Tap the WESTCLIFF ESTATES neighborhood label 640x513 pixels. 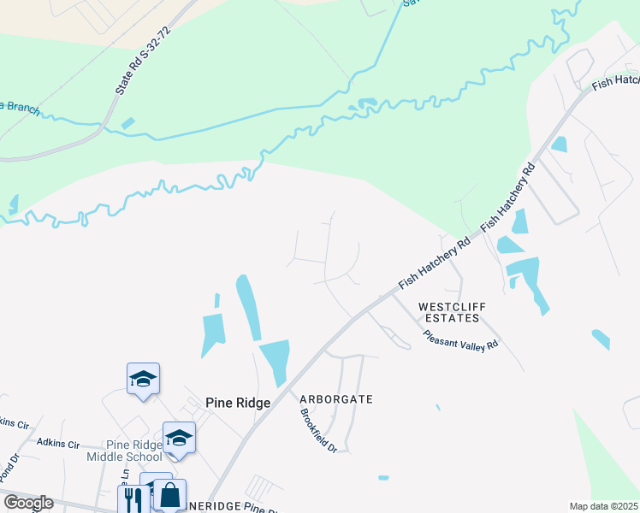[x=448, y=312]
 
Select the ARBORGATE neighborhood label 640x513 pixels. [x=336, y=399]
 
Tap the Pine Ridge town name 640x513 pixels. [x=238, y=403]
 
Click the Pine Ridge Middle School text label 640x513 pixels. [x=125, y=451]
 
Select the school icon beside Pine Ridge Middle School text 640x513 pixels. [x=180, y=438]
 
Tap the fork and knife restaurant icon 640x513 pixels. [x=133, y=498]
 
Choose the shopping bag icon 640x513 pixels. [x=169, y=495]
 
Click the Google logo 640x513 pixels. [x=28, y=503]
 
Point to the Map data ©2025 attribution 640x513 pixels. [x=603, y=506]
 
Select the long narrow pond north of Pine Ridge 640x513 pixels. [x=248, y=306]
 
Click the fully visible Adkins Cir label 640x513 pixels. [x=58, y=444]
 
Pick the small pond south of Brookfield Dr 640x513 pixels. [x=383, y=477]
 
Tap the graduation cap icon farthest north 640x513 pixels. [x=143, y=378]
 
